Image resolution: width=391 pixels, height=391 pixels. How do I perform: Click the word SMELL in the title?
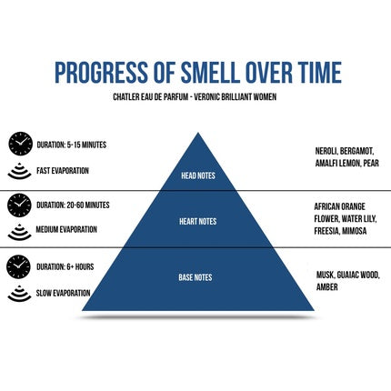(208, 73)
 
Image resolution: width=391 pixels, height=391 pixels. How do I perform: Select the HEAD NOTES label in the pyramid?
(198, 175)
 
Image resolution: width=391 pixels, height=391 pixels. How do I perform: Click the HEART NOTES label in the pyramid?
(198, 221)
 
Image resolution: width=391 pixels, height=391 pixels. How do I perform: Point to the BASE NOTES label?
(195, 277)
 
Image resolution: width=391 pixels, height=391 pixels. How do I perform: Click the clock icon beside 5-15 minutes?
(20, 144)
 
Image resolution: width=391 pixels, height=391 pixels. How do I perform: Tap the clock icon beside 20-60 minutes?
(19, 206)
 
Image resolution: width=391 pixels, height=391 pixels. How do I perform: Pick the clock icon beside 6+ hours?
(18, 266)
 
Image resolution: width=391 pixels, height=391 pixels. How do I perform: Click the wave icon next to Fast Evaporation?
(19, 171)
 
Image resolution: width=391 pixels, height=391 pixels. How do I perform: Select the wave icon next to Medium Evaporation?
(19, 232)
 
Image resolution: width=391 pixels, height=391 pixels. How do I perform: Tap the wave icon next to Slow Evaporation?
(19, 294)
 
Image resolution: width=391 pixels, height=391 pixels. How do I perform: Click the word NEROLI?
(326, 151)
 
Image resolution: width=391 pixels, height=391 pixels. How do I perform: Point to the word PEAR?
(371, 163)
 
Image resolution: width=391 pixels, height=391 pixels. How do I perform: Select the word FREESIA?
(326, 231)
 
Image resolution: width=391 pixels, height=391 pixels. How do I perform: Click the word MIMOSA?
(355, 231)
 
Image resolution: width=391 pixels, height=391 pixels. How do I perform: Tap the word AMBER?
(327, 286)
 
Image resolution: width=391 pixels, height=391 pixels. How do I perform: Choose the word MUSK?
(326, 275)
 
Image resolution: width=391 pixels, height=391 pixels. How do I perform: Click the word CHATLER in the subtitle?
(125, 97)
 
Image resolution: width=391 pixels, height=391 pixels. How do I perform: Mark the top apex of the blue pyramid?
(198, 133)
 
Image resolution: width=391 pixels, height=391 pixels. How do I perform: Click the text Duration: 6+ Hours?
(65, 266)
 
